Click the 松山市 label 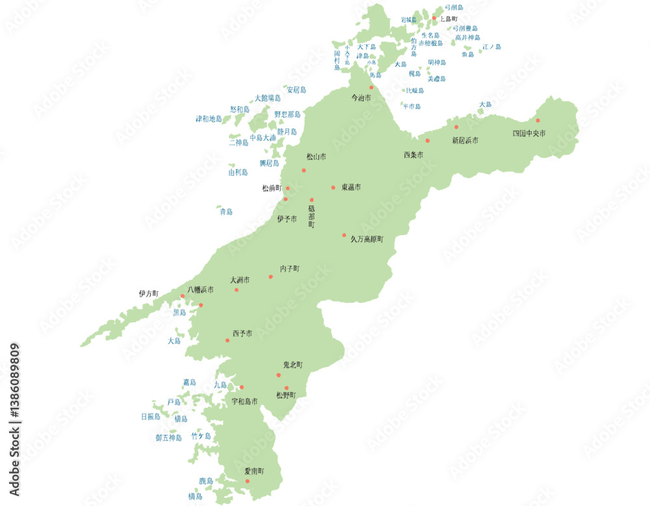coord(317,157)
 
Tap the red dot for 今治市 coord(372,87)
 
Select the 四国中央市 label coord(529,133)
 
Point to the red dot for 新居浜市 coord(456,127)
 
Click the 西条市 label coord(413,155)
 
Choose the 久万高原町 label coord(367,239)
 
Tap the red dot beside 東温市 coord(333,187)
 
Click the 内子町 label coord(290,268)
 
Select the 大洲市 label coord(240,280)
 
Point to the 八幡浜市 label coord(200,289)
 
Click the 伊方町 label coord(148,293)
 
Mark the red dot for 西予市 coord(227,340)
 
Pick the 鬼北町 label coord(292,365)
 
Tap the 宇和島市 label coord(244,401)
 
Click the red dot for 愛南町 coord(247,481)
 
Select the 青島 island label coord(226,211)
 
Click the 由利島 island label coord(238,172)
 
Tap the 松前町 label coord(272,188)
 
